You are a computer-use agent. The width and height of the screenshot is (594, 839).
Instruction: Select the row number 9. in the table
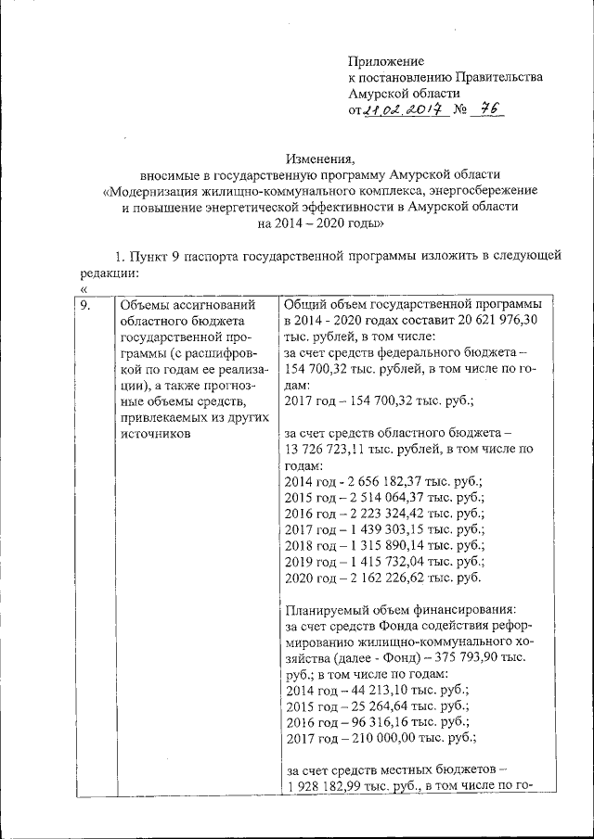click(84, 304)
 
